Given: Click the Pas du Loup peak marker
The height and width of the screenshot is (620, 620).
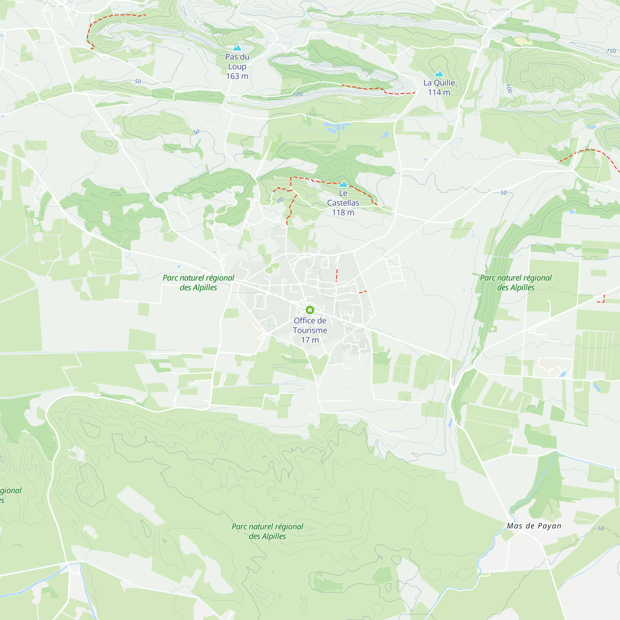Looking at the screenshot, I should point(237,48).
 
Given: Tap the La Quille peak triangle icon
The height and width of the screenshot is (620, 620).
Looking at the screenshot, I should point(439,74).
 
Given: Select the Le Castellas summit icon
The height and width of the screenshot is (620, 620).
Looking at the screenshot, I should point(343,184).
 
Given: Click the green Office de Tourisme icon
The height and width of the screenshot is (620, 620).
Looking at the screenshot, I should point(310,310).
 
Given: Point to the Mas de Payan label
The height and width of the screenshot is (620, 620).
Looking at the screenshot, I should point(534,526).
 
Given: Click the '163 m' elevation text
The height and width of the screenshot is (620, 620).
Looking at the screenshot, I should point(237,76).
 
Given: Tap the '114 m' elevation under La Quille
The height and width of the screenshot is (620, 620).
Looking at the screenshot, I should point(439,92).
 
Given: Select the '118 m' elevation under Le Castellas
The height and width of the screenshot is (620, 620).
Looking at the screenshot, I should point(343,212).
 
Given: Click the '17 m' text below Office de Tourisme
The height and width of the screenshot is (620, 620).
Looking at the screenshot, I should point(310,340).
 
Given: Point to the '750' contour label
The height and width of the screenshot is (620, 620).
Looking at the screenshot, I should point(611,51).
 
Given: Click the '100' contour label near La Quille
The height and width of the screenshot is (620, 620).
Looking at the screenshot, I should point(509,88).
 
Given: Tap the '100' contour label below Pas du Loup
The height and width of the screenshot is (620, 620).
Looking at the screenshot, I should point(298,94).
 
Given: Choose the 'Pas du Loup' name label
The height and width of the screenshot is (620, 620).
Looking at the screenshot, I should point(237,62).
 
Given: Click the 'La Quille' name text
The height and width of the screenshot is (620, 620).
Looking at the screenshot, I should point(439,83).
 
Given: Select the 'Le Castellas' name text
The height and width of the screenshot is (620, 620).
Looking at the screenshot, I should point(343,198).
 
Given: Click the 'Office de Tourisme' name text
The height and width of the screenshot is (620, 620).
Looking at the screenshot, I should point(310,325).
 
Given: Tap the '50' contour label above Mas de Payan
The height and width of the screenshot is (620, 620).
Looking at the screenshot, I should point(601,529).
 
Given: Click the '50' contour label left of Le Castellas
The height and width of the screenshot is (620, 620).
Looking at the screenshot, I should point(280,200).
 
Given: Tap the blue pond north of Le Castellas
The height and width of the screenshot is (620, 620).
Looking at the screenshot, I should point(336,126).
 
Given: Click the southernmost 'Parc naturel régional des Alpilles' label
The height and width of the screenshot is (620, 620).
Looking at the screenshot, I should point(267,531).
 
